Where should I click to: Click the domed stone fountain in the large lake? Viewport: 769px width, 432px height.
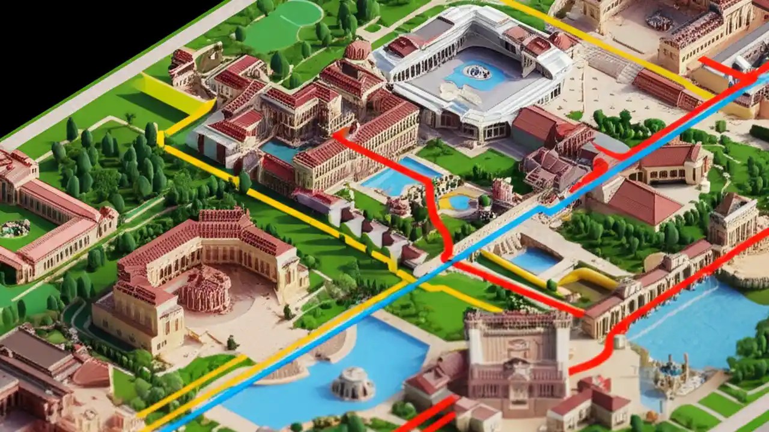[353, 383]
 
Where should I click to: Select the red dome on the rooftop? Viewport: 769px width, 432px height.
[358, 50]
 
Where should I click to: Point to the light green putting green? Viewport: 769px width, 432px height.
[282, 24]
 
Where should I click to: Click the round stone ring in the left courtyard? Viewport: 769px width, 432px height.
[15, 228]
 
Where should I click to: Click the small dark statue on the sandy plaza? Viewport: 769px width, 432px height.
[232, 343]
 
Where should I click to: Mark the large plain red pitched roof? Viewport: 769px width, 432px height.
[640, 201]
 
